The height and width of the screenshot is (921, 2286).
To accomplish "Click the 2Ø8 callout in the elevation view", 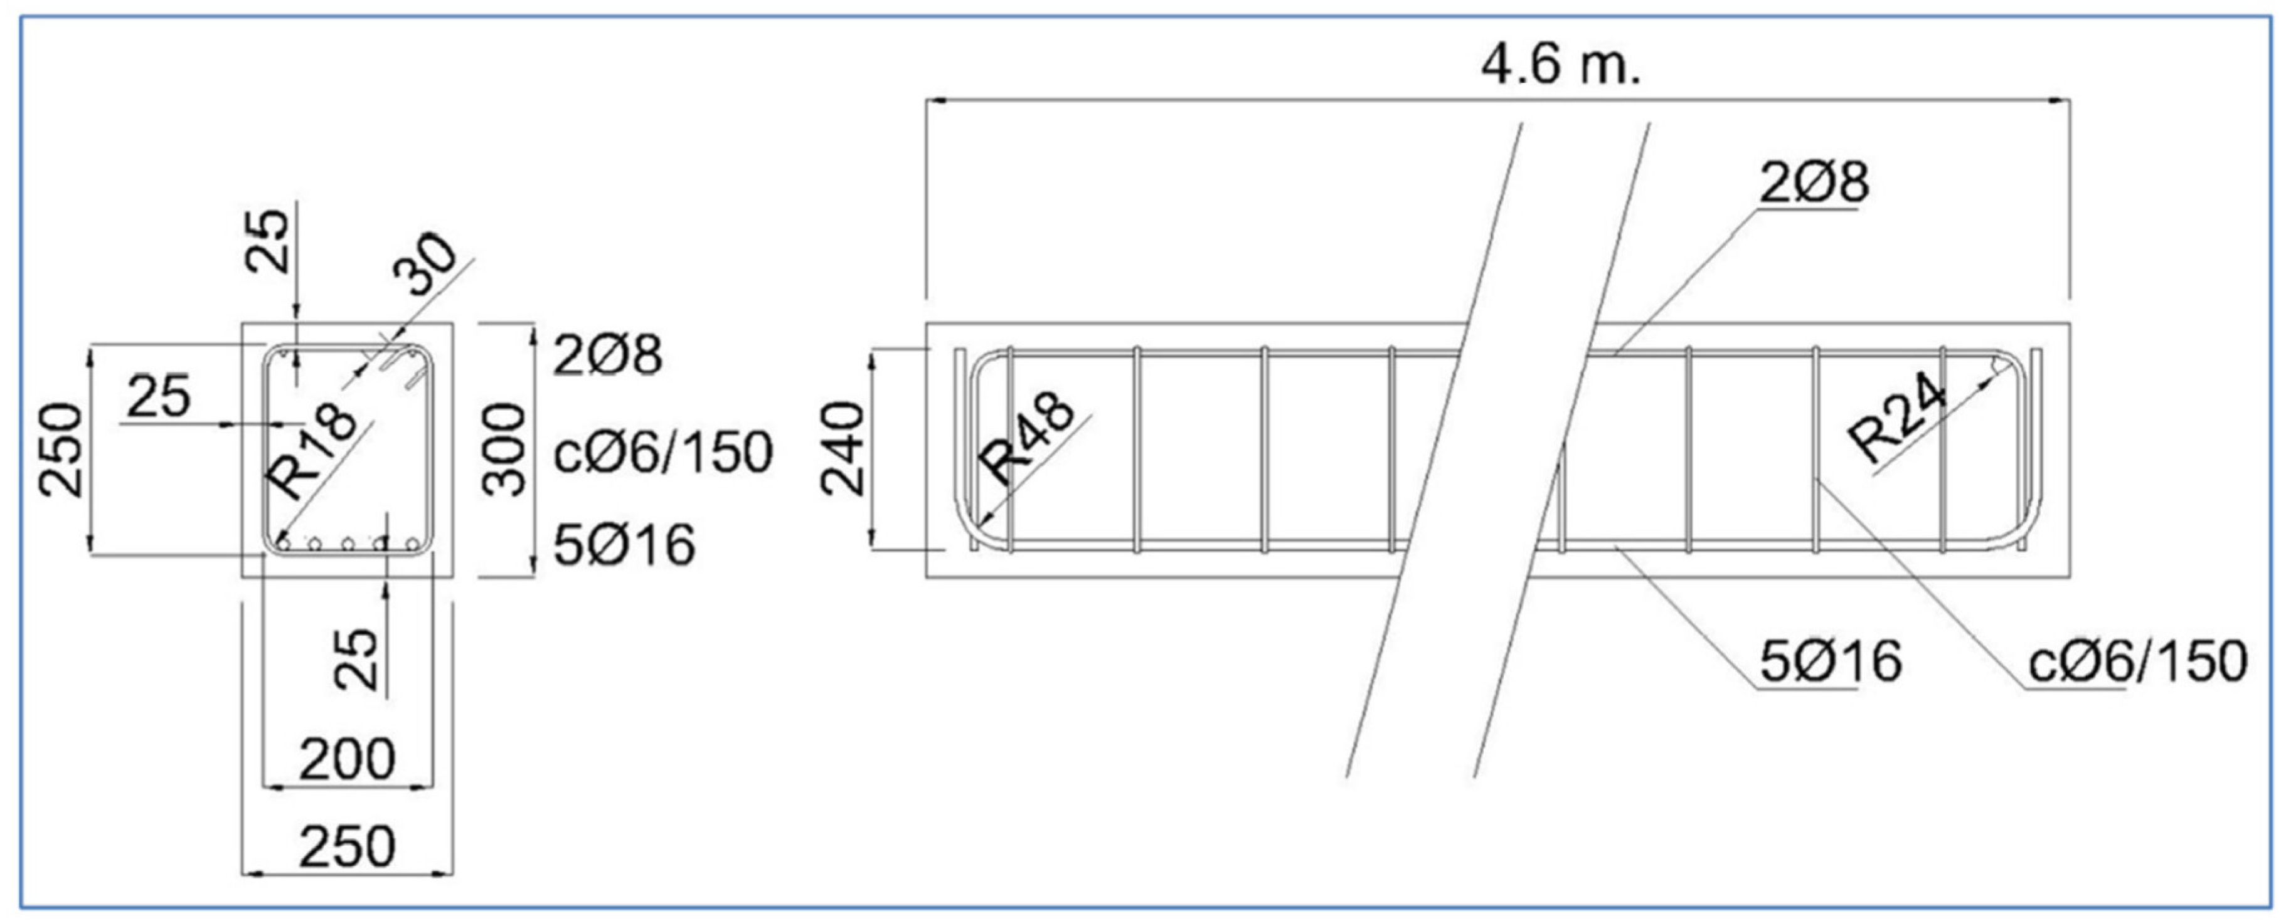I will pos(1813,182).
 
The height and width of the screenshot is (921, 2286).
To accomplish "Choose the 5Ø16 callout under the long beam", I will pos(1830,661).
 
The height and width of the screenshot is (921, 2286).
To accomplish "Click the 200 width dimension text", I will pos(346,759).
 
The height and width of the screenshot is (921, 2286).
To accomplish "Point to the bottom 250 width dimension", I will pos(346,848).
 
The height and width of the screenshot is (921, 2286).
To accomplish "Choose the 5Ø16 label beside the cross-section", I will pos(624,545).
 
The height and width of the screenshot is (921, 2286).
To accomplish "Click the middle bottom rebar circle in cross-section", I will pos(349,542).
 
